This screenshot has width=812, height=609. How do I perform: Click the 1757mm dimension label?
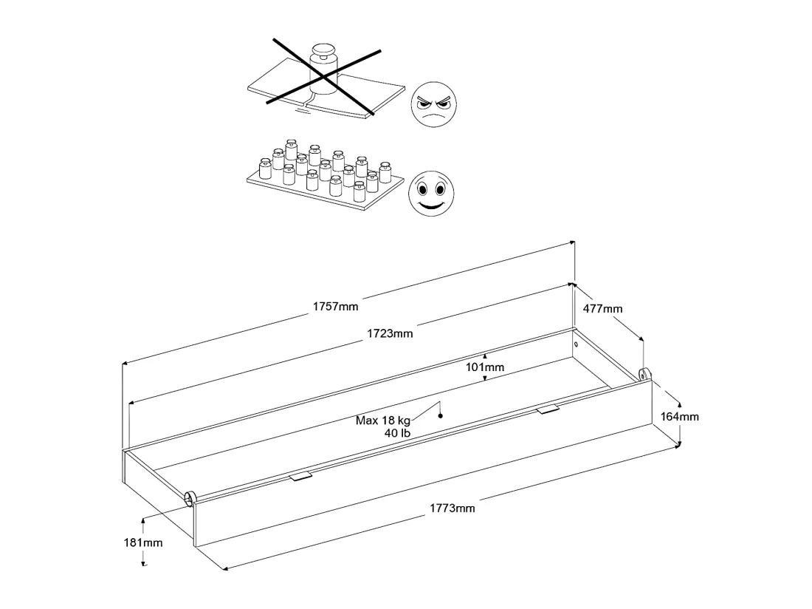click(335, 306)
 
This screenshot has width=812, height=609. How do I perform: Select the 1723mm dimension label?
click(390, 333)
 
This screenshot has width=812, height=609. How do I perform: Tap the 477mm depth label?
click(603, 308)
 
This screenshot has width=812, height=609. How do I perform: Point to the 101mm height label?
click(485, 367)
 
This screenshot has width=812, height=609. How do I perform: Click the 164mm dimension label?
click(679, 416)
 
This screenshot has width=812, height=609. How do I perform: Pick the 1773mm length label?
click(452, 508)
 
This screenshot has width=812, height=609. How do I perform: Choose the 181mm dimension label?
click(143, 542)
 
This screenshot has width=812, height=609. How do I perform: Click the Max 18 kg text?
click(382, 421)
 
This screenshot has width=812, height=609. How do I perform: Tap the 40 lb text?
click(397, 433)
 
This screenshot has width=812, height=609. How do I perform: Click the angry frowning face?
click(434, 104)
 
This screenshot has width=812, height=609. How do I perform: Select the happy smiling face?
click(431, 194)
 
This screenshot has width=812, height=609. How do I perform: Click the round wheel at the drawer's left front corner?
click(190, 499)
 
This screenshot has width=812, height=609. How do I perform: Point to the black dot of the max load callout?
click(441, 415)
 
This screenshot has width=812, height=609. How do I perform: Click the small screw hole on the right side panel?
click(577, 344)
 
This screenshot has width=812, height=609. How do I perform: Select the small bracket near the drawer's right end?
click(548, 409)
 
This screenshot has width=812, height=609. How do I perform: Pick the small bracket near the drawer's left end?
click(301, 476)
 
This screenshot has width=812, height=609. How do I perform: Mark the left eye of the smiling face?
click(422, 190)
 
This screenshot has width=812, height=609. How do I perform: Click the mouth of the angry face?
click(435, 117)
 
